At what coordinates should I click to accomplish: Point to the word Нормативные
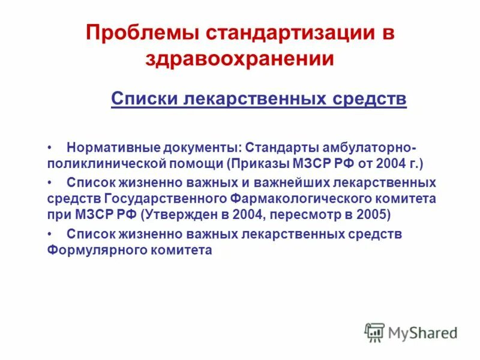tap(109, 148)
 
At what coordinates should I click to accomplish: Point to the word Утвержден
tap(175, 214)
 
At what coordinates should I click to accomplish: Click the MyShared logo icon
tap(374, 332)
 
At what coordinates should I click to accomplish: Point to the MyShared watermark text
tap(422, 332)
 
